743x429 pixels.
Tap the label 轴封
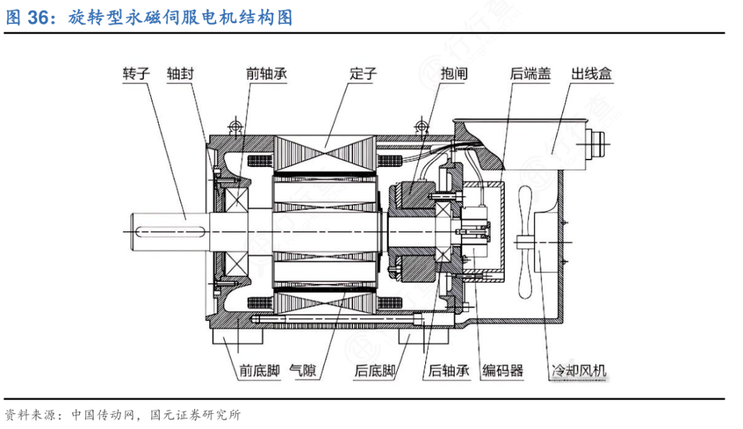click(180, 73)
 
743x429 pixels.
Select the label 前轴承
click(267, 73)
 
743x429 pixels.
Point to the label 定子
click(363, 73)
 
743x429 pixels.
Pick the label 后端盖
click(530, 73)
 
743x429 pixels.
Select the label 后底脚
click(374, 372)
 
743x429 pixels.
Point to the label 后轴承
click(449, 372)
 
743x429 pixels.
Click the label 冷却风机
click(579, 372)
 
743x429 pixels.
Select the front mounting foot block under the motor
click(233, 338)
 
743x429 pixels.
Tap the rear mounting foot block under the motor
click(417, 338)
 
